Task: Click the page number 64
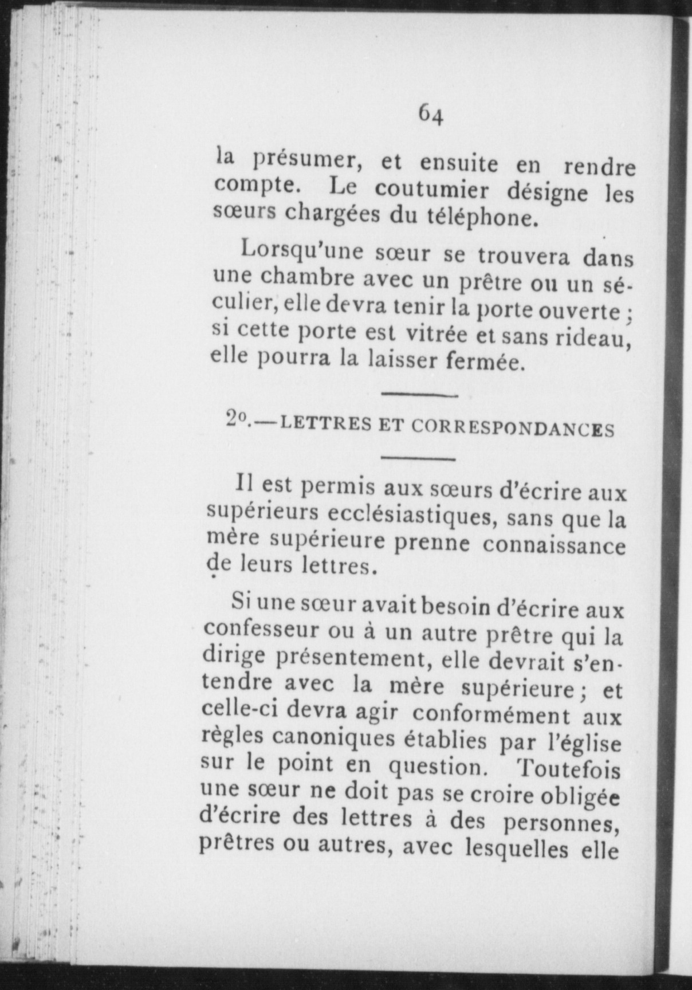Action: [431, 114]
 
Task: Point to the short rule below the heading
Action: [417, 458]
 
